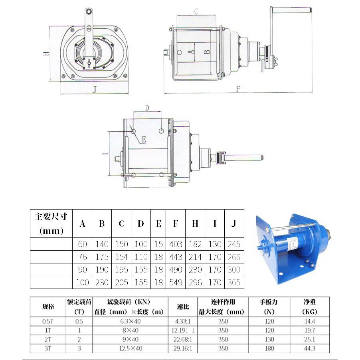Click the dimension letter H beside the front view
tap(46, 53)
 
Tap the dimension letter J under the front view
tap(94, 89)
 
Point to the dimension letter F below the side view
tap(238, 89)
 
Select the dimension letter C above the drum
tap(196, 11)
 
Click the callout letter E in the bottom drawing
tap(144, 139)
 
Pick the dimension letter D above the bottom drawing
tap(147, 108)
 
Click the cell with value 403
tap(176, 244)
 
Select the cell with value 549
tap(176, 282)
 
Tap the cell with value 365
tap(234, 282)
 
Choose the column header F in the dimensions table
tap(176, 224)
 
